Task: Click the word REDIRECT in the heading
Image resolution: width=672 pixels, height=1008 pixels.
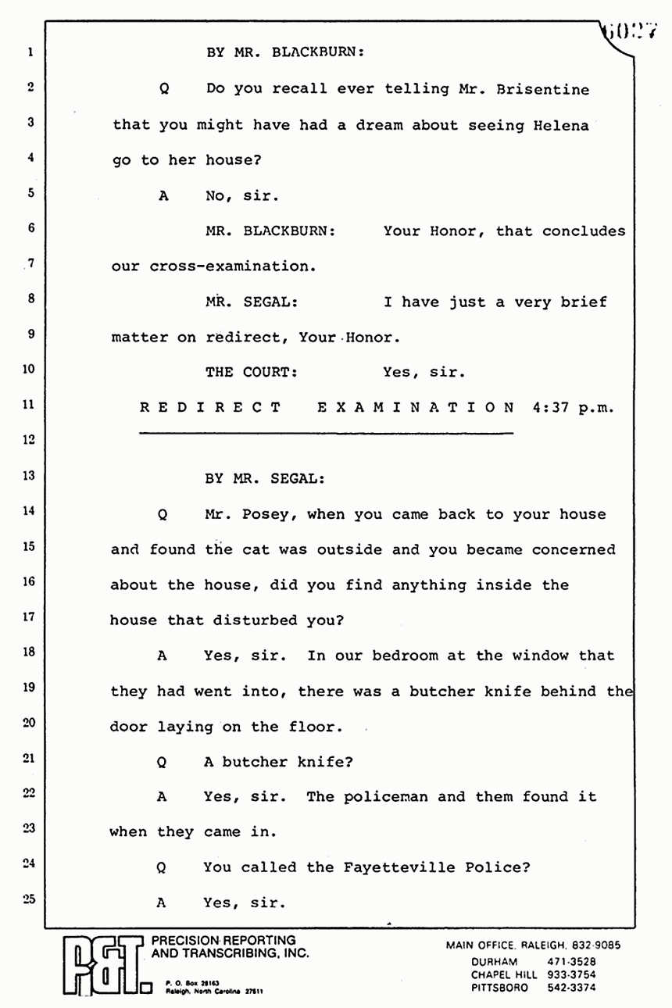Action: point(210,407)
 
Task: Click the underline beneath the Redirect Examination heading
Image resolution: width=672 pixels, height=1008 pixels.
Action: point(325,432)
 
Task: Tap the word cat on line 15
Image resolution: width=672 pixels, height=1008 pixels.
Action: point(256,549)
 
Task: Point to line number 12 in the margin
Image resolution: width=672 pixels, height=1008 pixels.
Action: point(29,440)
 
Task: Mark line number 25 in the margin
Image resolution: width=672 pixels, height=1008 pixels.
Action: point(29,899)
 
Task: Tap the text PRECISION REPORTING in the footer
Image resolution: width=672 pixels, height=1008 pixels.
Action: point(223,940)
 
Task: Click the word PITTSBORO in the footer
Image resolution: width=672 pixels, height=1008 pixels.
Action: point(499,988)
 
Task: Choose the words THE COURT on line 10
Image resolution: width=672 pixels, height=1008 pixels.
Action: point(252,373)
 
